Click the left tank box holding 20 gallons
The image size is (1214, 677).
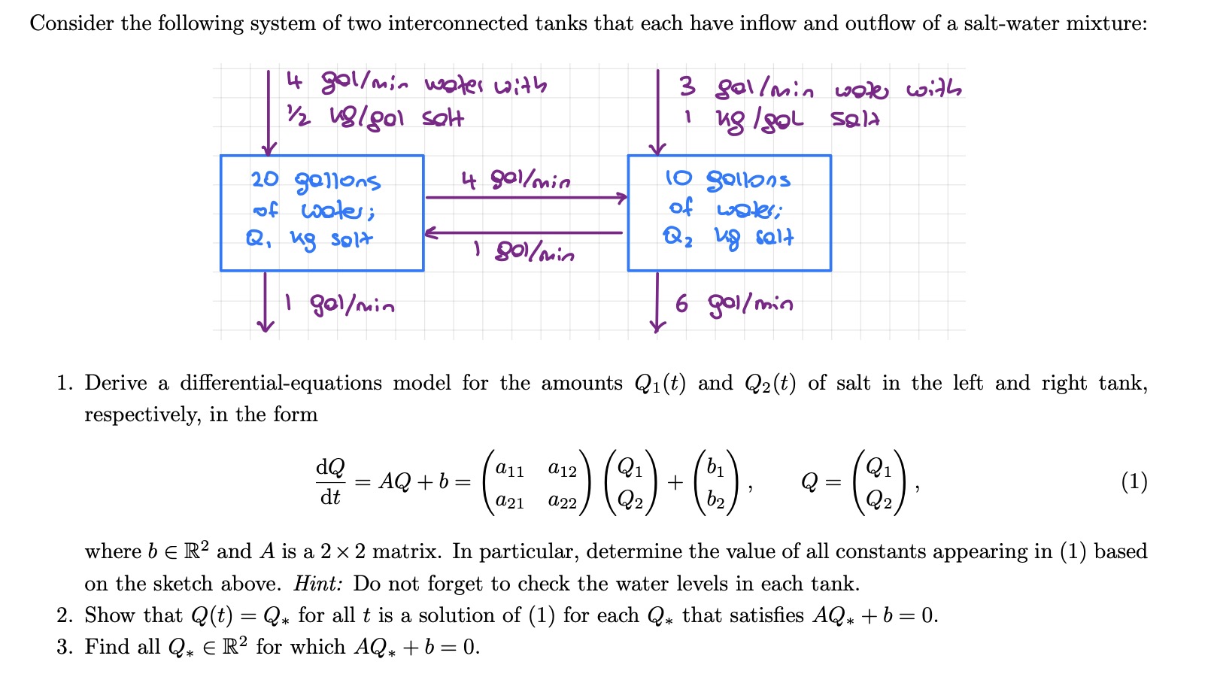(x=321, y=213)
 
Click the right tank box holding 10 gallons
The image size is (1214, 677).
(x=729, y=213)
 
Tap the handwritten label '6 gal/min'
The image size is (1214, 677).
(x=733, y=304)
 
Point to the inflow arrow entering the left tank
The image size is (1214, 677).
(x=269, y=113)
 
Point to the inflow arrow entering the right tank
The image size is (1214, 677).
(x=658, y=113)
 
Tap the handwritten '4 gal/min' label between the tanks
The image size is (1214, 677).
(x=515, y=181)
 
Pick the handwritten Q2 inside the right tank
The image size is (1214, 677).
(x=675, y=238)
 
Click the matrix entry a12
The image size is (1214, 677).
(x=562, y=469)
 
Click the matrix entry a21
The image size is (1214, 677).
(x=510, y=500)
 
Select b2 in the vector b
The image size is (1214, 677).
(x=715, y=500)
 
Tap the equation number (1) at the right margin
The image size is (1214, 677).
(x=1134, y=481)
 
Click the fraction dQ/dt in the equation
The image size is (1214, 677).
(x=330, y=481)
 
